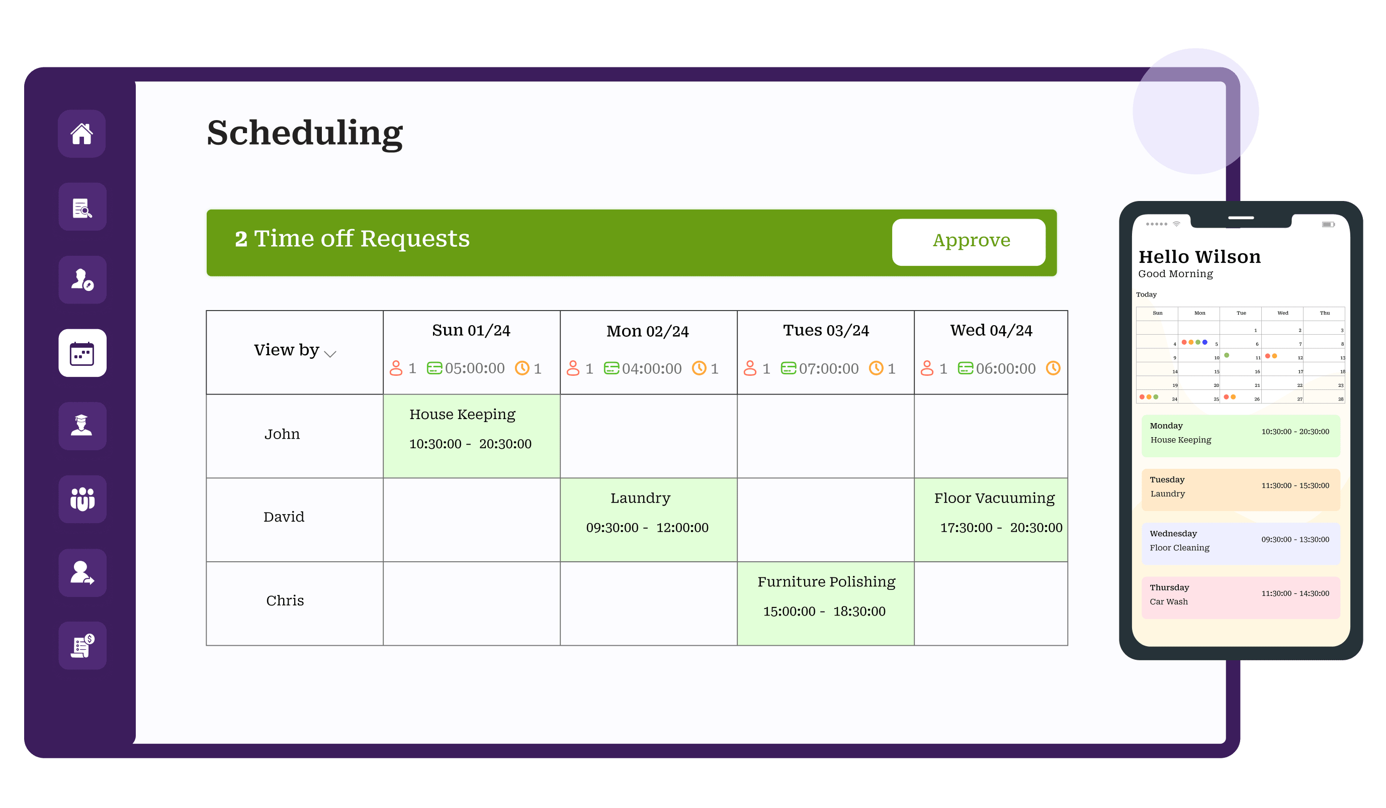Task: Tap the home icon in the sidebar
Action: (x=82, y=134)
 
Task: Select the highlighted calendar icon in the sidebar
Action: (x=82, y=353)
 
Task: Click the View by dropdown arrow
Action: (x=330, y=354)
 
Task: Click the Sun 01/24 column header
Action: (x=471, y=330)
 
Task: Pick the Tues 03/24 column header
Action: (x=826, y=330)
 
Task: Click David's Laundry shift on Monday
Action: (x=648, y=520)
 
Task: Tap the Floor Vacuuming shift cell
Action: (x=991, y=520)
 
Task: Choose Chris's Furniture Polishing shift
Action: (x=826, y=603)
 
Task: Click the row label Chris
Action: (x=285, y=600)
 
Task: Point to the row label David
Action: (x=284, y=517)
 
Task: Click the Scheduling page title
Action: (x=305, y=134)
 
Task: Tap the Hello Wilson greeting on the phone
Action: (x=1199, y=257)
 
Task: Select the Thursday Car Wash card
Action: (x=1241, y=597)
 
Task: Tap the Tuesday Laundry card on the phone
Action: (x=1241, y=490)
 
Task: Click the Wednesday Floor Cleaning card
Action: (x=1241, y=544)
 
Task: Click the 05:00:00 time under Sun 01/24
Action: (x=475, y=368)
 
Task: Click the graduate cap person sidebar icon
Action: (x=82, y=426)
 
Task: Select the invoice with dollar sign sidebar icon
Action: (x=82, y=645)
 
